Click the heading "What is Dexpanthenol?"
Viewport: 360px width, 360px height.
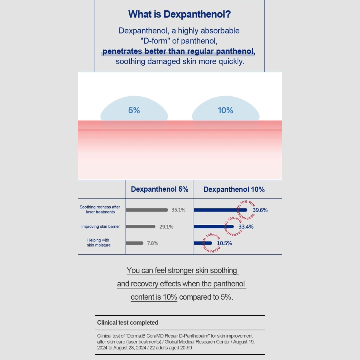179,14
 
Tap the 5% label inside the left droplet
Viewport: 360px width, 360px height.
134,110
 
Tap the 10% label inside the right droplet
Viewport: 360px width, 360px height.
225,110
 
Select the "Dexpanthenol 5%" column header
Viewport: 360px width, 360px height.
160,189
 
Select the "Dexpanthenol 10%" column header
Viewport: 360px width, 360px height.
234,190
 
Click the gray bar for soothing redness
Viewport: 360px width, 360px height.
147,210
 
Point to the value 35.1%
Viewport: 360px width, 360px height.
178,210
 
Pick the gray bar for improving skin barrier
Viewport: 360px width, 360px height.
141,227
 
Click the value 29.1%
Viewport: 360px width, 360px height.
166,227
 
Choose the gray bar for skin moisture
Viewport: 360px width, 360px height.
135,243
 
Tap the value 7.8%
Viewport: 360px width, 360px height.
153,243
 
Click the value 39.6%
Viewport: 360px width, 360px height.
260,210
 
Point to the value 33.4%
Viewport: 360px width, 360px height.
246,227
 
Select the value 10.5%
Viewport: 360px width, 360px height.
224,243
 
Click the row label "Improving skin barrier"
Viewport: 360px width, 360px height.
100,226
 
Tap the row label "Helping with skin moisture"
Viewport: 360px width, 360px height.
99,243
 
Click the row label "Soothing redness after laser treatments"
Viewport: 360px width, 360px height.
100,209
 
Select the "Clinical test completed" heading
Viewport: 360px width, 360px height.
128,322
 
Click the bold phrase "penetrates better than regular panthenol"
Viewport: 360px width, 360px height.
178,51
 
